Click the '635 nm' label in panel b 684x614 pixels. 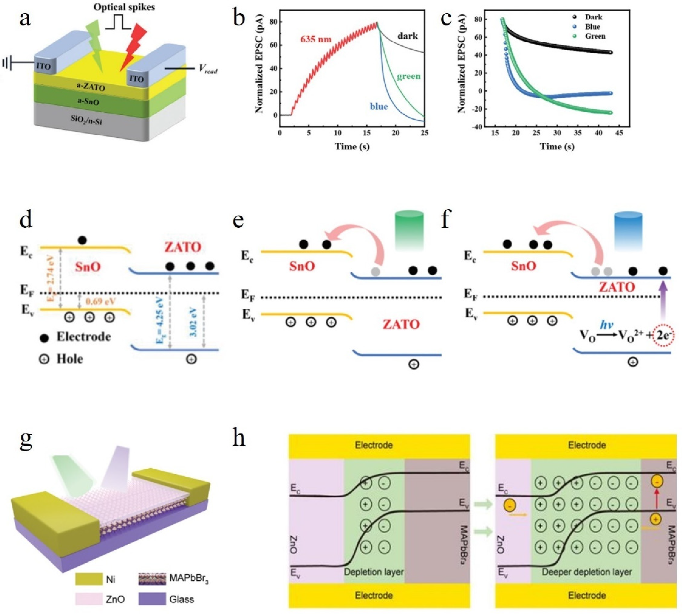(316, 39)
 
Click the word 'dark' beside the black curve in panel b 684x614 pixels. (407, 36)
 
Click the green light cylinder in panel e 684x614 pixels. (409, 231)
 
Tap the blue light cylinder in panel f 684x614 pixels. (628, 231)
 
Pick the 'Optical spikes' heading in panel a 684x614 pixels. (124, 7)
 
